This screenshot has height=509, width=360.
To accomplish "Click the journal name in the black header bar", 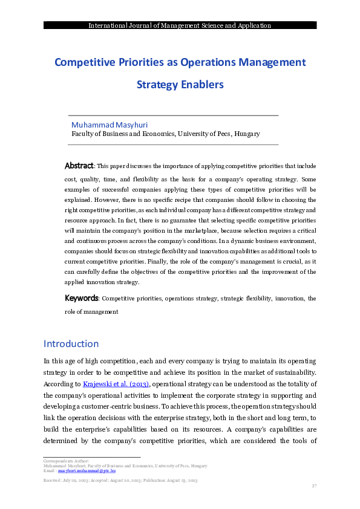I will [x=180, y=25].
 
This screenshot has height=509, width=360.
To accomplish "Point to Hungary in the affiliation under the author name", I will [x=247, y=134].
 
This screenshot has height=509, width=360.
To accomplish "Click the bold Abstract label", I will [x=79, y=166].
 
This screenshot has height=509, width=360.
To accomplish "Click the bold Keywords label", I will [x=81, y=299].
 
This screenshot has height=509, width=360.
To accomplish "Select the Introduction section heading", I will [x=71, y=344].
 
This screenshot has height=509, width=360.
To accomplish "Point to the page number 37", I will [x=313, y=486].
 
